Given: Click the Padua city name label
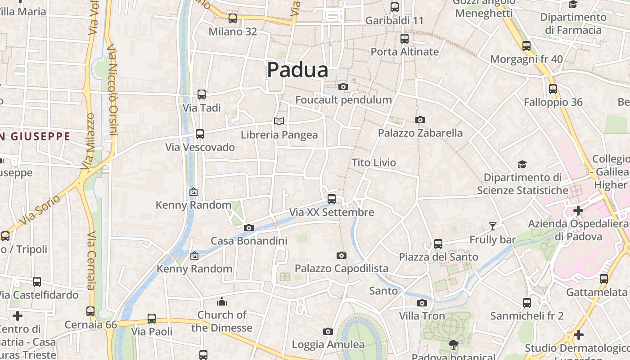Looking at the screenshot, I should pyautogui.click(x=297, y=70).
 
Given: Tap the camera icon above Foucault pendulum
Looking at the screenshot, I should pyautogui.click(x=343, y=86).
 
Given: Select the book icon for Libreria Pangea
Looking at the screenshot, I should pyautogui.click(x=279, y=121).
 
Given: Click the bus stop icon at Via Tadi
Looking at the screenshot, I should pyautogui.click(x=202, y=94).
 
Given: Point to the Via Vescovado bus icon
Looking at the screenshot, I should pyautogui.click(x=200, y=134).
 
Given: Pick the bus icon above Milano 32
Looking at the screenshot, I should pyautogui.click(x=233, y=18).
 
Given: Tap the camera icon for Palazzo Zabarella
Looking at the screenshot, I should pyautogui.click(x=420, y=120).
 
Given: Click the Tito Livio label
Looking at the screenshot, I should pyautogui.click(x=373, y=162).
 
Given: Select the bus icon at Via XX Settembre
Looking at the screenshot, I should pyautogui.click(x=332, y=198).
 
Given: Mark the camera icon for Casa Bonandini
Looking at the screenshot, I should pyautogui.click(x=249, y=228).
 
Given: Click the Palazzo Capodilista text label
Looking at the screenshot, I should pyautogui.click(x=342, y=269).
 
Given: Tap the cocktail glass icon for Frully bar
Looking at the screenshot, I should pyautogui.click(x=493, y=226).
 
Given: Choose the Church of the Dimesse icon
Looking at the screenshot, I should pyautogui.click(x=222, y=301).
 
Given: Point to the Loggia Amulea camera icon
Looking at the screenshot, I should pyautogui.click(x=328, y=332).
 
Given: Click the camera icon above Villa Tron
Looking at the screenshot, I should pyautogui.click(x=422, y=303).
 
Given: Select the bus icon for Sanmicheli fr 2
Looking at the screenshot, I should pyautogui.click(x=527, y=303).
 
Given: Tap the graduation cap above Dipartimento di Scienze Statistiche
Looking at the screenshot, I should pyautogui.click(x=522, y=164).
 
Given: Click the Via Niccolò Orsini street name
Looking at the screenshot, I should pyautogui.click(x=112, y=90).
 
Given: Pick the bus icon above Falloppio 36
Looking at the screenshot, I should pyautogui.click(x=553, y=89).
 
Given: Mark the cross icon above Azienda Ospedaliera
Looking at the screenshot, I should pyautogui.click(x=578, y=210).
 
